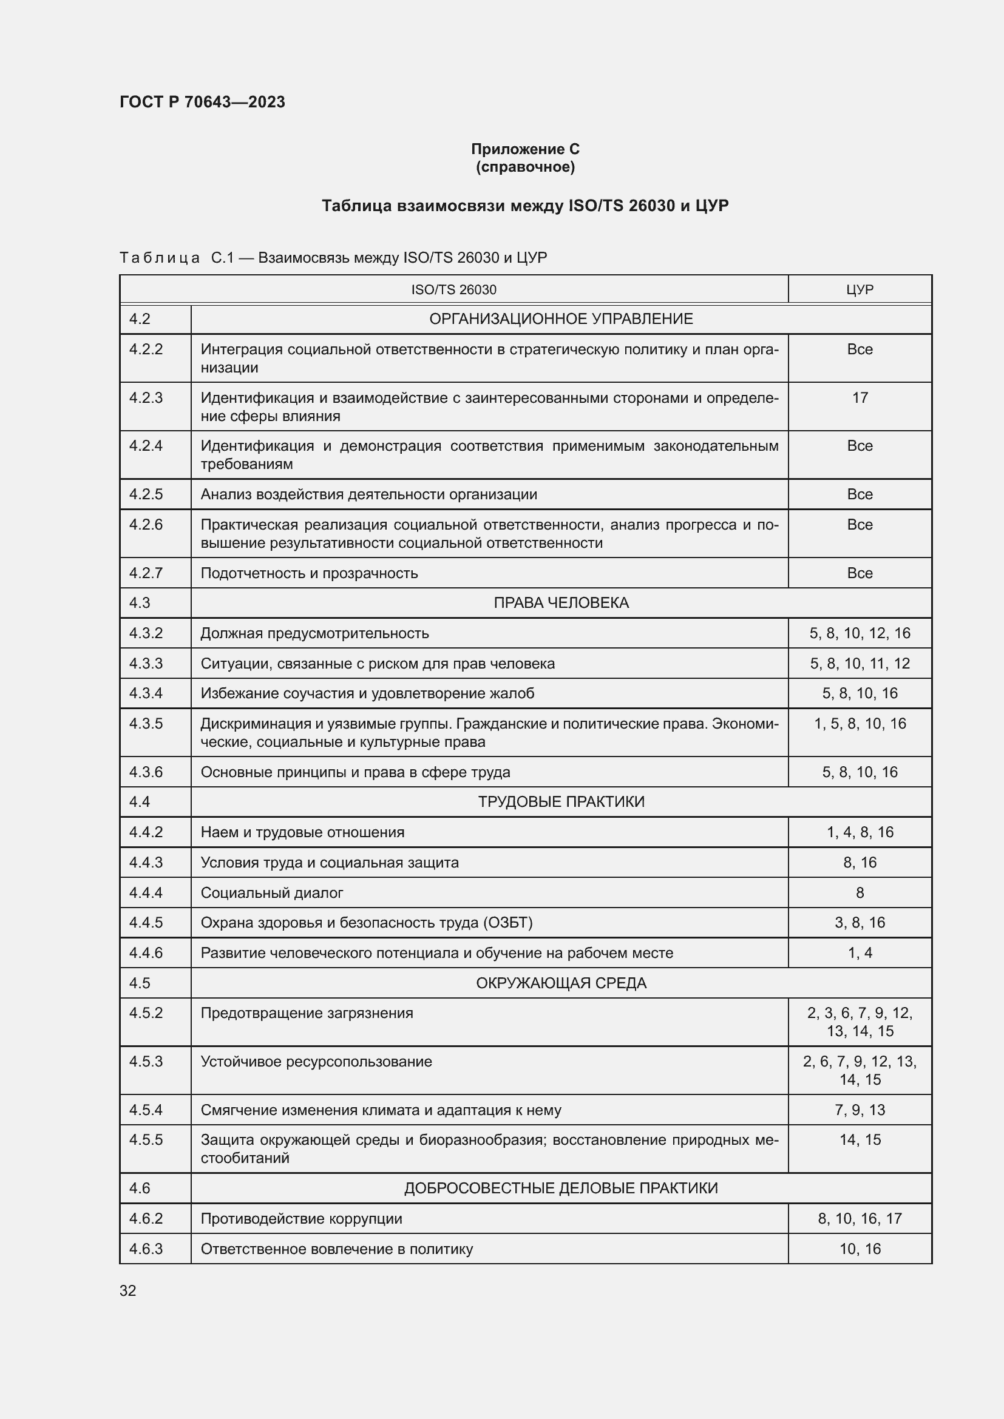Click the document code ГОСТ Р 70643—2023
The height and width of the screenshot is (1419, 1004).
click(x=202, y=102)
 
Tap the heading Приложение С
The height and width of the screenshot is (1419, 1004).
click(x=525, y=149)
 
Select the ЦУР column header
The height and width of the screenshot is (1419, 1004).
click(x=860, y=289)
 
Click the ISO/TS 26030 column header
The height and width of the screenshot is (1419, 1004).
click(x=453, y=289)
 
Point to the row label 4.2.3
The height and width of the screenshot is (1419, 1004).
click(x=146, y=397)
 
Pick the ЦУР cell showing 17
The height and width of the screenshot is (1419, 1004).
click(x=860, y=397)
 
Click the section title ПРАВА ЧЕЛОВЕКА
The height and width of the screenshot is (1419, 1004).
click(x=561, y=602)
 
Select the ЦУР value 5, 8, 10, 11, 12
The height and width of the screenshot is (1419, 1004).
click(x=860, y=663)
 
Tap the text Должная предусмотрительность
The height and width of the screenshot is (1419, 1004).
click(x=314, y=633)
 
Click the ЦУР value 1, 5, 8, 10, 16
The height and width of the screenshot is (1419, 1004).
click(x=860, y=723)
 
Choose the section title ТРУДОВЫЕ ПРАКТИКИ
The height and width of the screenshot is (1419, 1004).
click(x=561, y=801)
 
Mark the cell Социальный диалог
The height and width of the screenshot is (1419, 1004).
click(x=271, y=892)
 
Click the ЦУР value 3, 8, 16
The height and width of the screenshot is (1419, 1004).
click(x=860, y=922)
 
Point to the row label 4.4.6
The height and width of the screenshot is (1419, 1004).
click(x=146, y=952)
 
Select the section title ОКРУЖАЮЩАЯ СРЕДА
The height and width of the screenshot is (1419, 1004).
click(x=561, y=983)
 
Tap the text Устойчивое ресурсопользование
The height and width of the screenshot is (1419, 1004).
click(x=316, y=1061)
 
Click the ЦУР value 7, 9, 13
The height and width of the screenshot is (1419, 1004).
click(x=860, y=1110)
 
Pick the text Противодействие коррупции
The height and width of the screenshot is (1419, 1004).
click(x=301, y=1218)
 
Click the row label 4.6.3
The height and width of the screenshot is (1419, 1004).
click(x=146, y=1249)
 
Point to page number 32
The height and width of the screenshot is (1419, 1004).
click(x=128, y=1290)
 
